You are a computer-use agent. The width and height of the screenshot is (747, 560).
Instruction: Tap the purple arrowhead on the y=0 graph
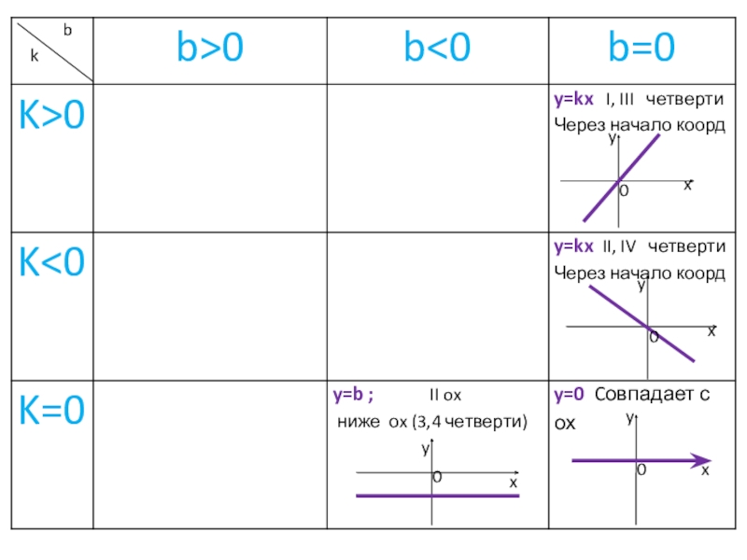[x=699, y=460]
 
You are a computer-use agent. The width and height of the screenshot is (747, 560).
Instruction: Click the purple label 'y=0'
[x=569, y=394]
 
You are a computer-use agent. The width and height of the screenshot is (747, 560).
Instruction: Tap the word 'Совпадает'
[x=643, y=394]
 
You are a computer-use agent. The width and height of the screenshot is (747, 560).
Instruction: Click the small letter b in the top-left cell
[x=67, y=30]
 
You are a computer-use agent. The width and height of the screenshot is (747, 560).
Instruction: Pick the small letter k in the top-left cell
[x=34, y=56]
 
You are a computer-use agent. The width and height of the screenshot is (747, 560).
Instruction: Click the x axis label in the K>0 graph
[x=687, y=185]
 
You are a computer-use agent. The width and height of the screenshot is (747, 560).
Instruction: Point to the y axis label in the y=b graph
[x=424, y=449]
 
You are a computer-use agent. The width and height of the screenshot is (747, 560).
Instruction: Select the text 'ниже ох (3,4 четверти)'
[x=430, y=423]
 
